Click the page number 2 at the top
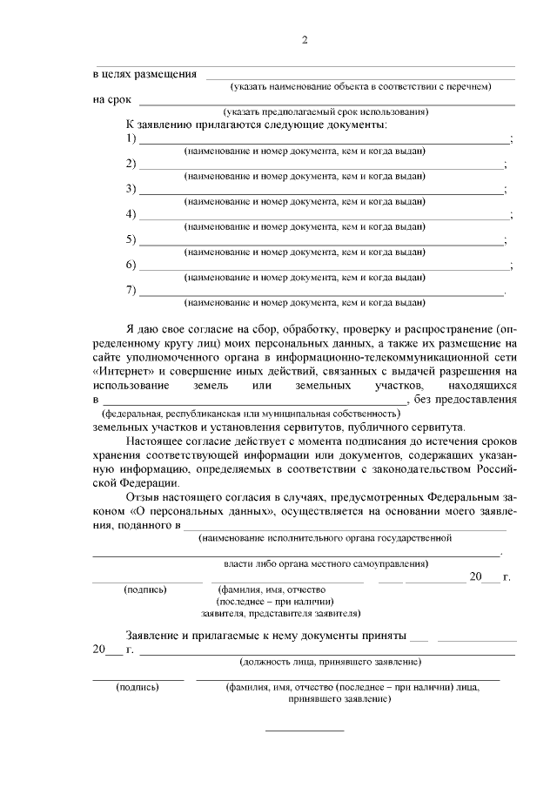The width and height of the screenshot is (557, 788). coord(305,40)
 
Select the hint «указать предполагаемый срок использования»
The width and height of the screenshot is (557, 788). coord(325,112)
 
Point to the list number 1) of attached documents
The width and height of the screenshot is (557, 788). coord(131,138)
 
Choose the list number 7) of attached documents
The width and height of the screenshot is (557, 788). coord(131,290)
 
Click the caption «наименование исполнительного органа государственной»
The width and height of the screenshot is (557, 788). coord(325,538)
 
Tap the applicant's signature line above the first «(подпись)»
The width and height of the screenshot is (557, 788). coord(146,580)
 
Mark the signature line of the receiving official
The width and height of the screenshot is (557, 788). coord(138,678)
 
